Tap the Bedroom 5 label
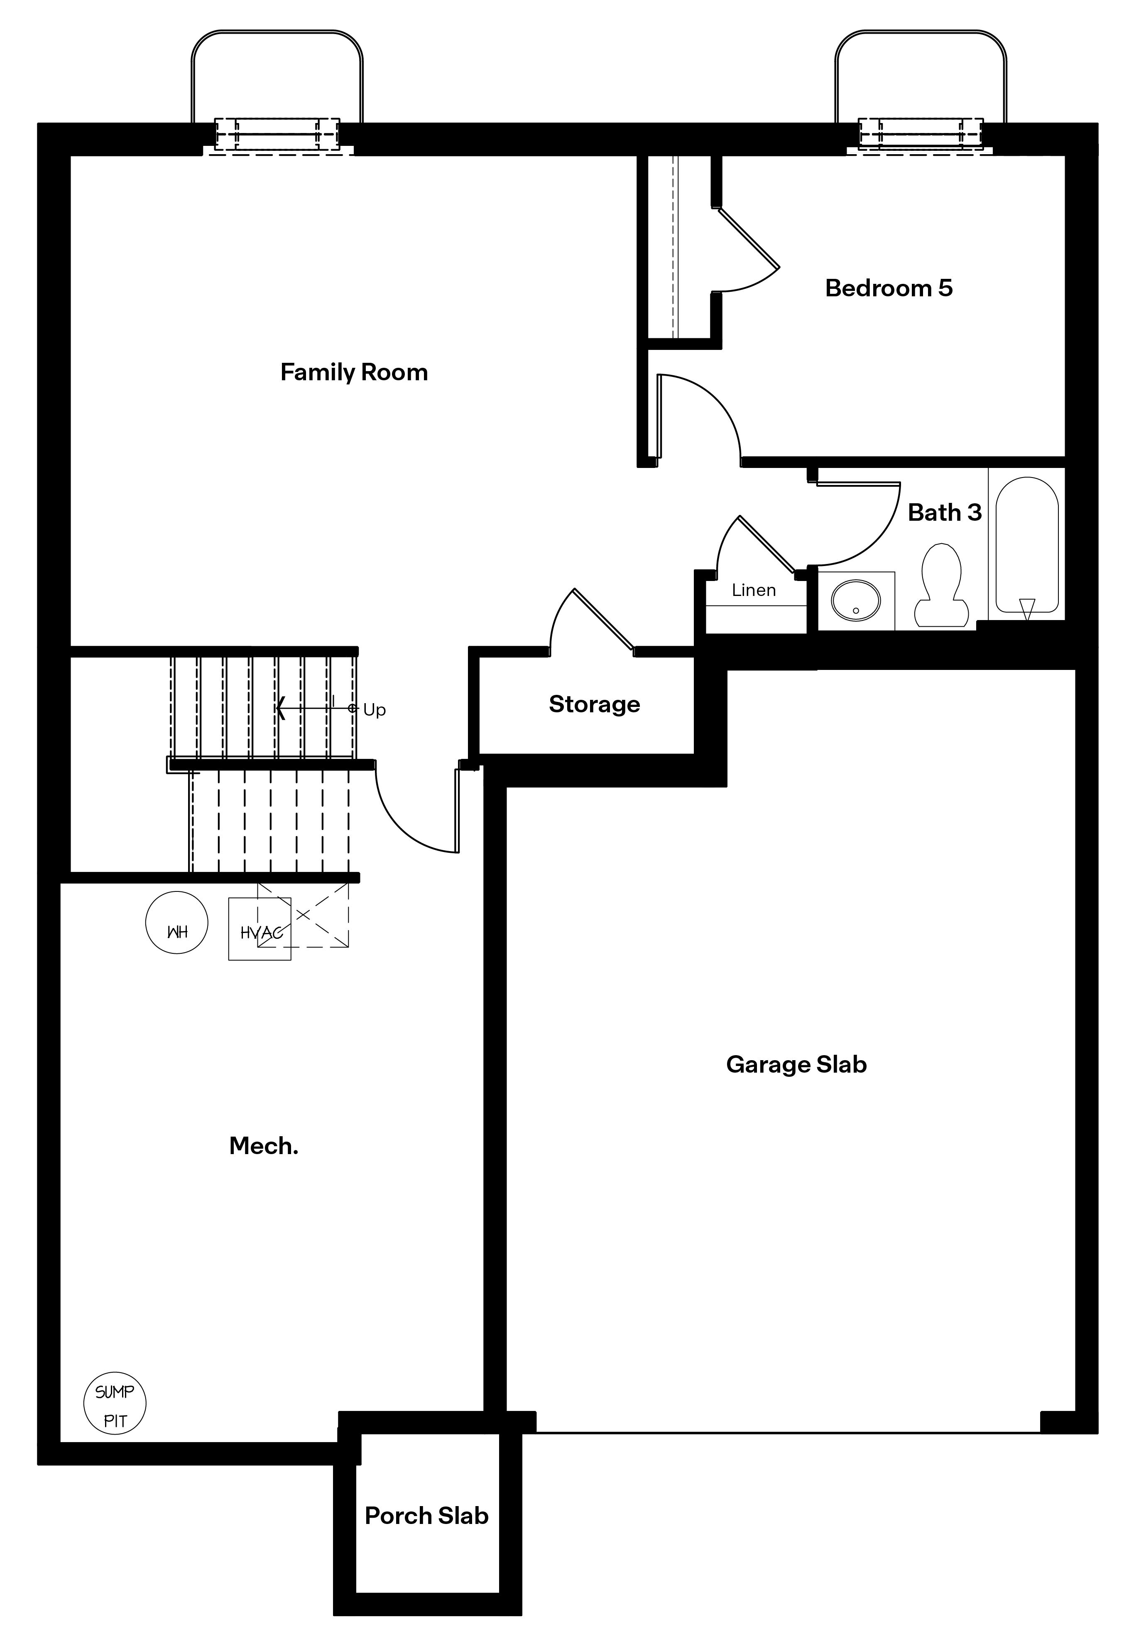(x=889, y=288)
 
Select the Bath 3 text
(x=944, y=512)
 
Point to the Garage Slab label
(x=796, y=1064)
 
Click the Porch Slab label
(x=427, y=1516)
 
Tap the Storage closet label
(x=595, y=704)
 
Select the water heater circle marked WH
(x=177, y=923)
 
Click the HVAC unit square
(x=260, y=929)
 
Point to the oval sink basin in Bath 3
(x=856, y=601)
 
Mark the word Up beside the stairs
(x=375, y=710)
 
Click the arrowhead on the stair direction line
(x=280, y=707)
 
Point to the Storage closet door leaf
(x=604, y=618)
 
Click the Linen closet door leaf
(x=767, y=545)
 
